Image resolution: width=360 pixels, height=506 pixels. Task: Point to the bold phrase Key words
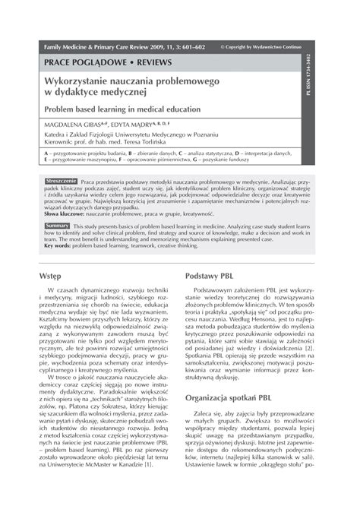pos(62,246)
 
